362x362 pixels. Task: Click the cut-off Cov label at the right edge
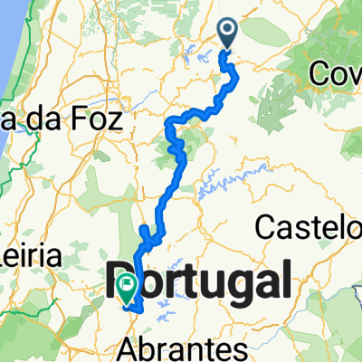tap(337, 74)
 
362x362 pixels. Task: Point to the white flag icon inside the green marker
tap(126, 286)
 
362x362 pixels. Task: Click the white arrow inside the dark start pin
tap(226, 33)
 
